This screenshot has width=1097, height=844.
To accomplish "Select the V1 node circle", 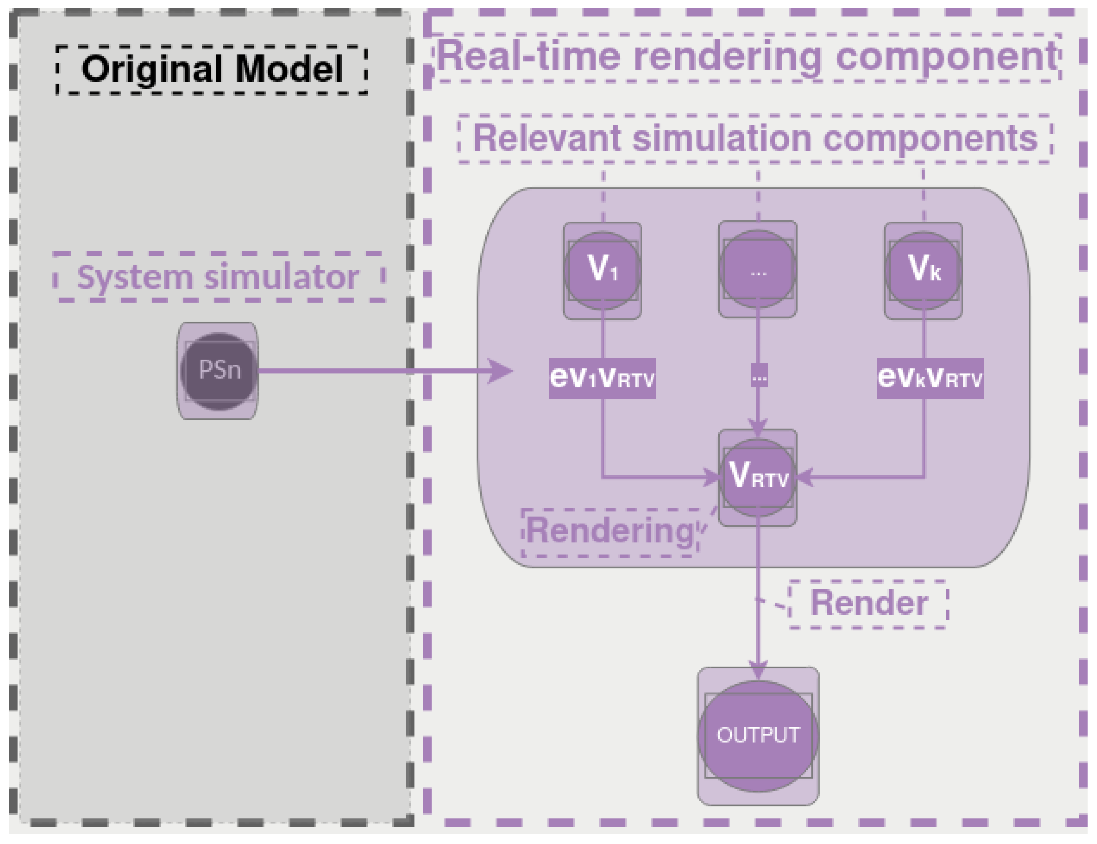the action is click(x=602, y=270).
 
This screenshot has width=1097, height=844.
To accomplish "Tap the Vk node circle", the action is click(x=923, y=270).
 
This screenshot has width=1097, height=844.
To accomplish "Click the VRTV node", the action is click(x=758, y=477).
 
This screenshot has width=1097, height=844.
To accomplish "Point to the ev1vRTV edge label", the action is click(x=602, y=378).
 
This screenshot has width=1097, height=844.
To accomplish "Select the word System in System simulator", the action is click(x=135, y=278).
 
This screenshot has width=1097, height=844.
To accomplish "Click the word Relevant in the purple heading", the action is click(x=547, y=138).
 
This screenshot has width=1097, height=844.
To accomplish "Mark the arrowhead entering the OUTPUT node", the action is click(x=758, y=672).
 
